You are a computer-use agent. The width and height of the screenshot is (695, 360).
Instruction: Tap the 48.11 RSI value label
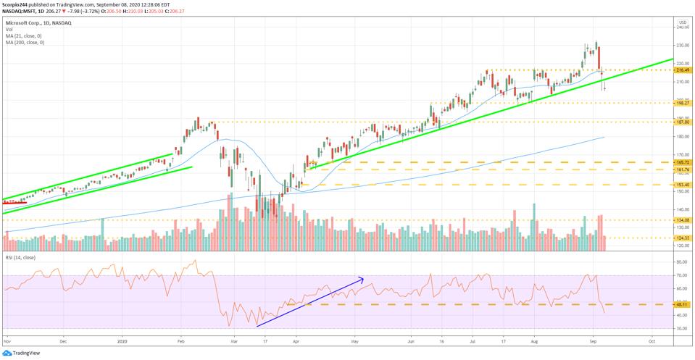(683, 305)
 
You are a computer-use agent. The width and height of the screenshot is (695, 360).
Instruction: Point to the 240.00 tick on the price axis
(682, 28)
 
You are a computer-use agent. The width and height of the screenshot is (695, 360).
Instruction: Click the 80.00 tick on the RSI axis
(682, 261)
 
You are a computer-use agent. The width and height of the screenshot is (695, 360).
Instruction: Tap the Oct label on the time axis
(652, 340)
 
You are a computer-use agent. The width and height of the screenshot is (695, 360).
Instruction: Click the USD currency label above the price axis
(682, 21)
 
